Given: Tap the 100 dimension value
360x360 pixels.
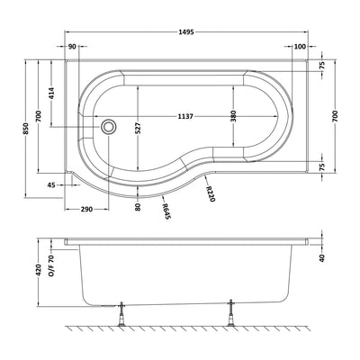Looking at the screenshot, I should (x=298, y=47).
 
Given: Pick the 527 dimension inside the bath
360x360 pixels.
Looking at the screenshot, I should (x=138, y=129).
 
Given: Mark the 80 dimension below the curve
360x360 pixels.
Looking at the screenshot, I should (x=136, y=206).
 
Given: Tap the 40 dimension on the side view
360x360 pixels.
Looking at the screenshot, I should (x=321, y=257).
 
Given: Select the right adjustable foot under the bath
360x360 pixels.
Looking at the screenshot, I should (x=232, y=315).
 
